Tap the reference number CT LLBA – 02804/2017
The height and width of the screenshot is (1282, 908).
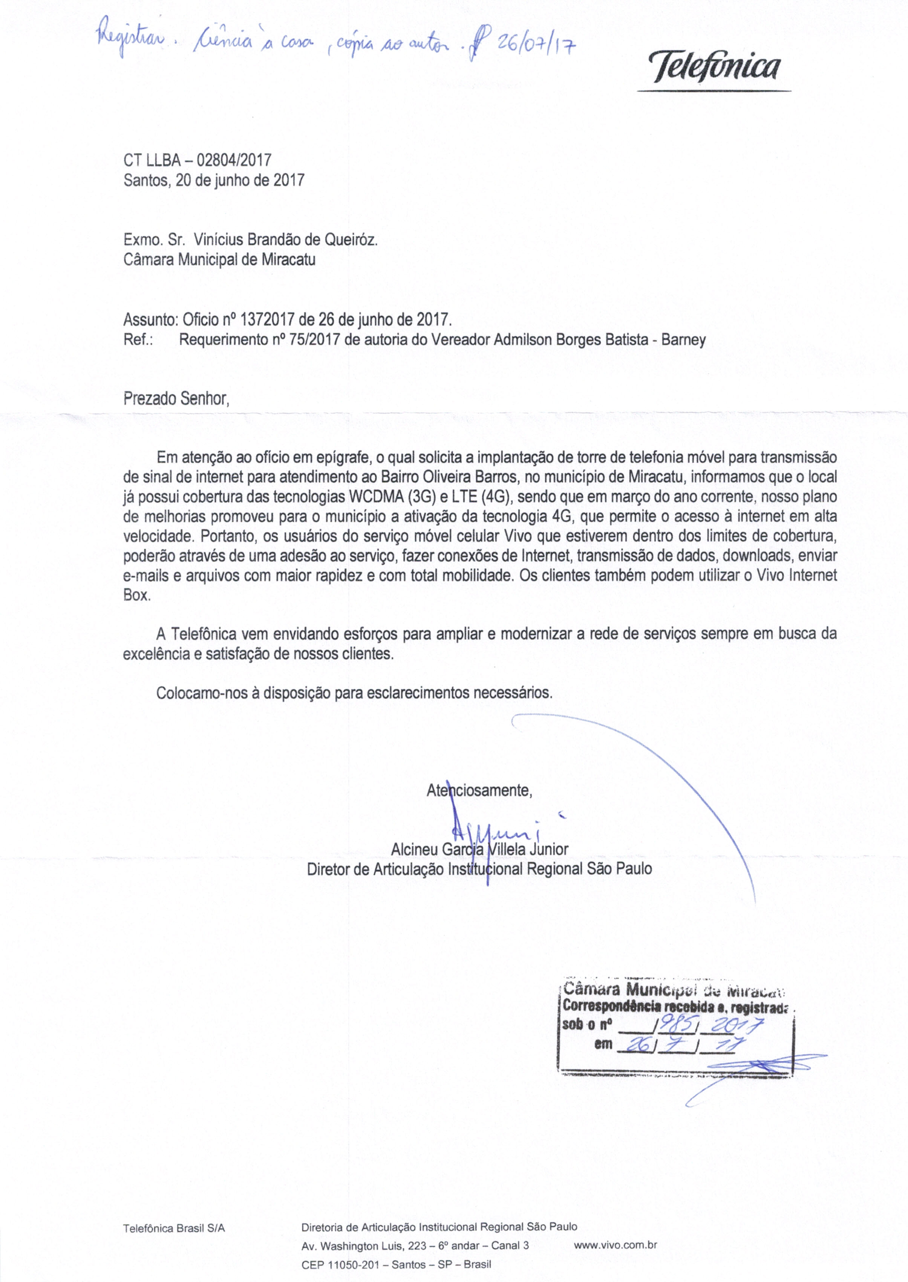click(x=198, y=160)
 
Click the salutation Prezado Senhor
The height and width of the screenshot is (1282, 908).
click(x=176, y=399)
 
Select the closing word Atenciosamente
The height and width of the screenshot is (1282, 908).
click(x=479, y=790)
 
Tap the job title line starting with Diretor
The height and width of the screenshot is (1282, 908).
click(x=479, y=869)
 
